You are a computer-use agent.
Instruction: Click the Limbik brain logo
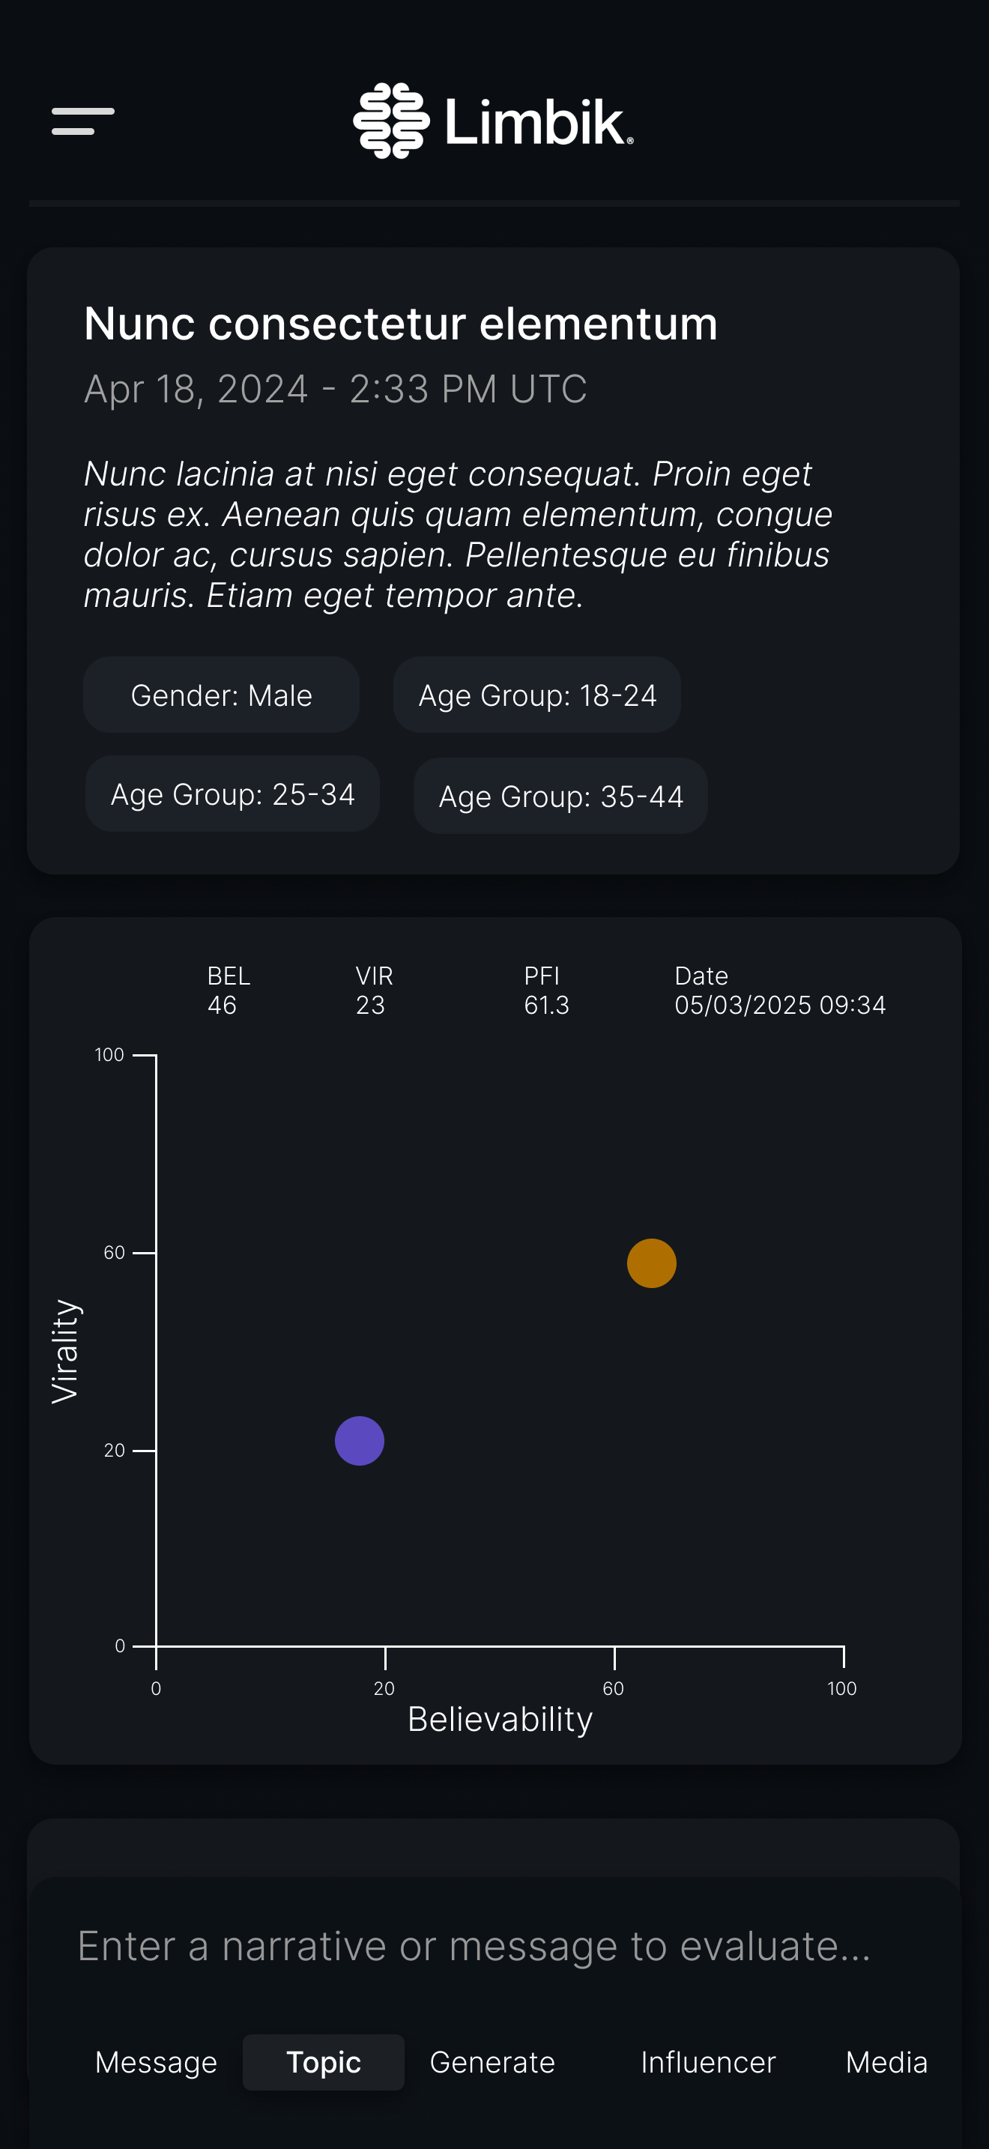(x=391, y=121)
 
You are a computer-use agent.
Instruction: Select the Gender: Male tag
(x=221, y=695)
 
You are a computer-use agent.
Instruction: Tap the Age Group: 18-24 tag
(x=537, y=695)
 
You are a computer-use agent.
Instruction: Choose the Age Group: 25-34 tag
(x=233, y=794)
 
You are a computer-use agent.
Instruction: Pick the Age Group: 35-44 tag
(x=560, y=797)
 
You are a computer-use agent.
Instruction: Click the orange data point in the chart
(x=651, y=1263)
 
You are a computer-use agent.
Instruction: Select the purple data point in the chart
(x=360, y=1441)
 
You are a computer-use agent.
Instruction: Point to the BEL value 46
(x=222, y=1006)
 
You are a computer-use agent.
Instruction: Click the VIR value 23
(x=370, y=1006)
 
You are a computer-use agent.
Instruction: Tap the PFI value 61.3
(x=546, y=1006)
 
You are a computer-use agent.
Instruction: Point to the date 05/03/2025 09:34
(x=780, y=1006)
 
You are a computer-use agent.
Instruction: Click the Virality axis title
(x=65, y=1351)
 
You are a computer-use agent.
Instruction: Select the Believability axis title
(x=500, y=1720)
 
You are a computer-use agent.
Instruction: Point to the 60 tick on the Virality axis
(x=114, y=1252)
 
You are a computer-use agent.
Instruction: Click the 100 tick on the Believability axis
(x=841, y=1688)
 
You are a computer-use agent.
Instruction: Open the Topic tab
(x=324, y=2062)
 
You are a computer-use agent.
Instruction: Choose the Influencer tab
(x=708, y=2062)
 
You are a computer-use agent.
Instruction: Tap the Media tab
(x=886, y=2062)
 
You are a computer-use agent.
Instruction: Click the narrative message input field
(x=474, y=1946)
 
